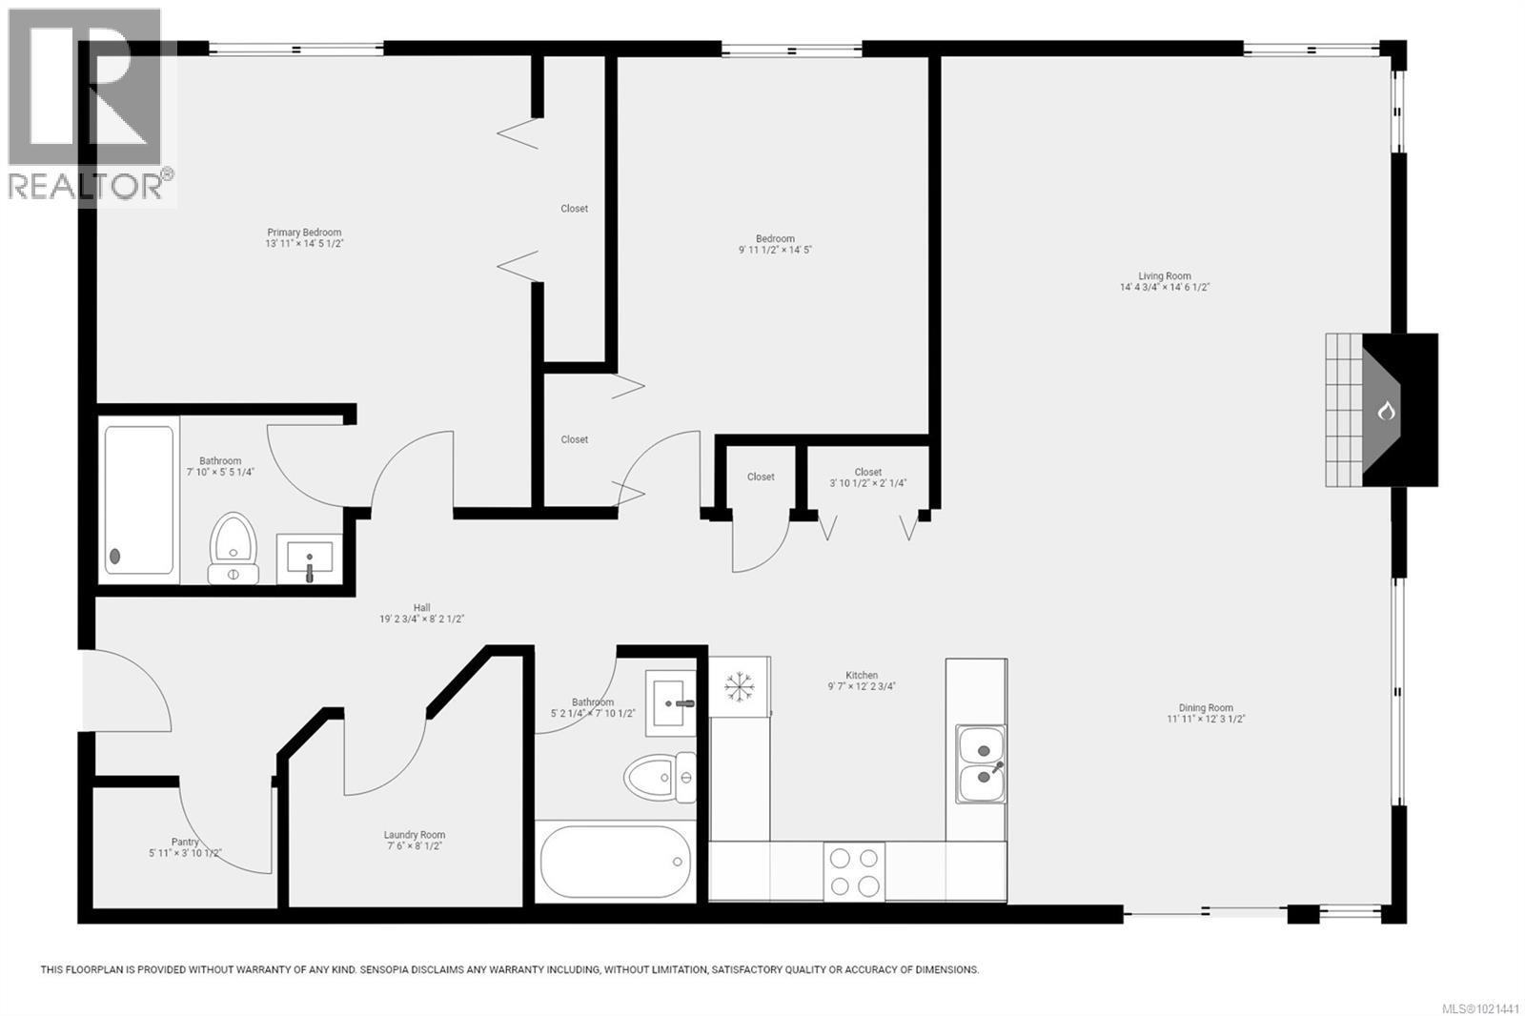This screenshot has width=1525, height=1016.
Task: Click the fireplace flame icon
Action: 1386,411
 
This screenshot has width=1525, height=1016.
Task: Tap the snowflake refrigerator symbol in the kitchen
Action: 739,686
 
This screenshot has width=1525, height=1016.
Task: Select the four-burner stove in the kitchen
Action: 854,871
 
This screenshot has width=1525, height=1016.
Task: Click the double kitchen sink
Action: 981,763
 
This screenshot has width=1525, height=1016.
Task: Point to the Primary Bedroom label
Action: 304,233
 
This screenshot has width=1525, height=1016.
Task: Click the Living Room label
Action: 1165,276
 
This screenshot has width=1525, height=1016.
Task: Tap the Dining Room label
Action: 1206,708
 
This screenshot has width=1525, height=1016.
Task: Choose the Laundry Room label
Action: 415,835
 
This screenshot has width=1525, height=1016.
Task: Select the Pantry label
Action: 185,842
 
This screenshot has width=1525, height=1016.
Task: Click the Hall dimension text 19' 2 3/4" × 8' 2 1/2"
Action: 421,620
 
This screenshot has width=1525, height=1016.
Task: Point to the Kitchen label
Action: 862,675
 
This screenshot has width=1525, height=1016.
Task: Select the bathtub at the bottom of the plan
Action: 616,862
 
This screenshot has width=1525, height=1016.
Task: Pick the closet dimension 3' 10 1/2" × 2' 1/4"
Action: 867,483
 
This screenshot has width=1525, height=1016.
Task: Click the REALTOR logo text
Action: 86,186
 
